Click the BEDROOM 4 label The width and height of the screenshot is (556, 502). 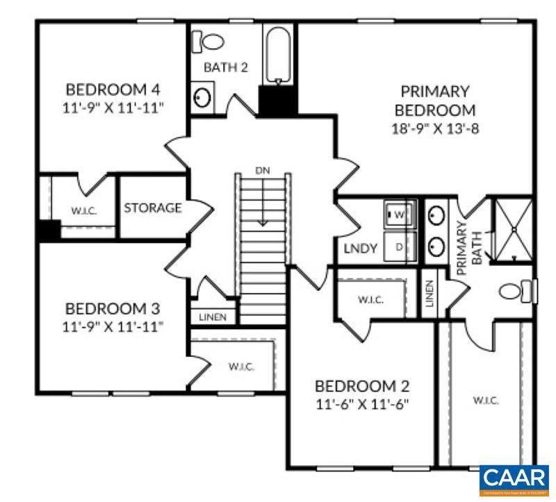pyautogui.click(x=113, y=90)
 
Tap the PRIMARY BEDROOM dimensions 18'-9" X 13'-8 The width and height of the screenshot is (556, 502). pyautogui.click(x=435, y=128)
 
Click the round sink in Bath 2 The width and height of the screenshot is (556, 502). pyautogui.click(x=202, y=97)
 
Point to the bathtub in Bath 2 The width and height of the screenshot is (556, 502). pyautogui.click(x=279, y=54)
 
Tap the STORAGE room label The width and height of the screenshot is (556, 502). pyautogui.click(x=153, y=208)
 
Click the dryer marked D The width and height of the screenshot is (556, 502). pyautogui.click(x=400, y=246)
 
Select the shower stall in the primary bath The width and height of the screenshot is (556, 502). pyautogui.click(x=512, y=229)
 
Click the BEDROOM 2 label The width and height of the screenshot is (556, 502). pyautogui.click(x=362, y=386)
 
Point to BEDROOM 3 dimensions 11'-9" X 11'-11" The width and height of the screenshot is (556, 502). pyautogui.click(x=113, y=326)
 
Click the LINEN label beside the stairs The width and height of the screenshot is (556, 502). pyautogui.click(x=213, y=317)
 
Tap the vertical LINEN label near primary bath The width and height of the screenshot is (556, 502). pyautogui.click(x=429, y=294)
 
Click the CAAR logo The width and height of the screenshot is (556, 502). pyautogui.click(x=514, y=480)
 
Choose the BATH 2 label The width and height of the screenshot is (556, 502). pyautogui.click(x=226, y=67)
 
